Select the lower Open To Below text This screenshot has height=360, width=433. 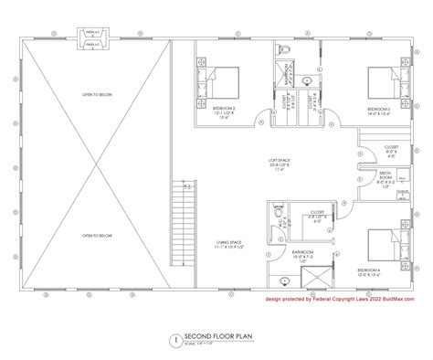tap(95, 234)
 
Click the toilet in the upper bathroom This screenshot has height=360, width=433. tap(286, 52)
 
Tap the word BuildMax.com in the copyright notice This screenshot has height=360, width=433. tap(402, 298)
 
